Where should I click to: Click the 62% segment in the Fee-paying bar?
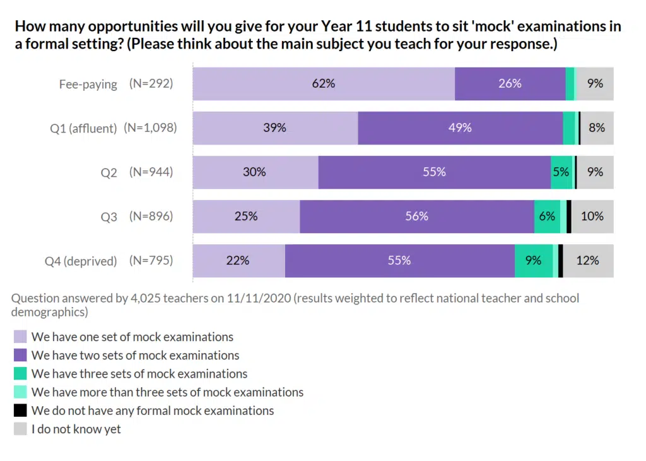tap(324, 83)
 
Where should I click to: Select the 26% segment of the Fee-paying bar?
tap(510, 83)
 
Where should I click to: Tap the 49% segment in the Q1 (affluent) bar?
tap(460, 127)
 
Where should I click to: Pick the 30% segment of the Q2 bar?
tap(255, 172)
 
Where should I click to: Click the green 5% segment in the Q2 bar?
tap(561, 172)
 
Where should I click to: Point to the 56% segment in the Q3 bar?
tap(417, 216)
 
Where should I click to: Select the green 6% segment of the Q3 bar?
tap(547, 216)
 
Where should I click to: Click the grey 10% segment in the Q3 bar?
tap(592, 216)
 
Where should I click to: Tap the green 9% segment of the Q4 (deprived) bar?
tap(534, 260)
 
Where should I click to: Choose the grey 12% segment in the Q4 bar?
tap(588, 260)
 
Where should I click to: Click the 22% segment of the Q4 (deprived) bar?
tap(238, 260)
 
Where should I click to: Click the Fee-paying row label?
tap(88, 84)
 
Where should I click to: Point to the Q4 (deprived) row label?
tap(81, 260)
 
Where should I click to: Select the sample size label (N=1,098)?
tap(150, 128)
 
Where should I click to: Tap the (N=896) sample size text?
tap(151, 216)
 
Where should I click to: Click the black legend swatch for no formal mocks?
tap(20, 411)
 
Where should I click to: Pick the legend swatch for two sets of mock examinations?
tap(20, 355)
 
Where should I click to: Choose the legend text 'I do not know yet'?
tap(76, 429)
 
